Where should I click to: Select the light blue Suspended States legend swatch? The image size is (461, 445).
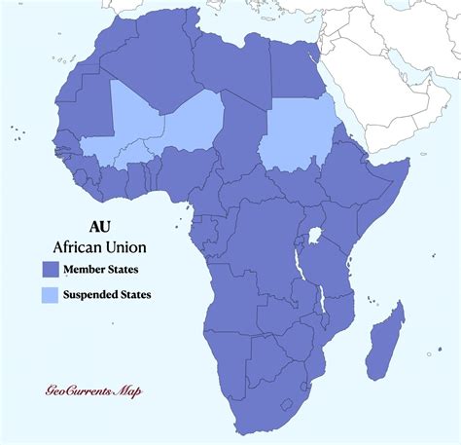(50, 293)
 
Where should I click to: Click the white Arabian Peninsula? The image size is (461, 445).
(389, 88)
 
